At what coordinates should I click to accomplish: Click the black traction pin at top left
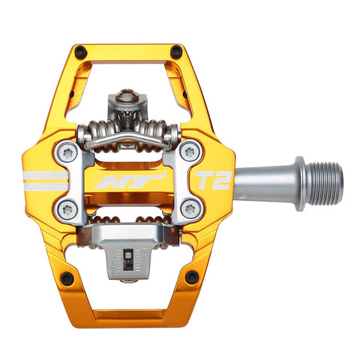pyautogui.click(x=79, y=52)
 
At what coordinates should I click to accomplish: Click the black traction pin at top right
pyautogui.click(x=176, y=52)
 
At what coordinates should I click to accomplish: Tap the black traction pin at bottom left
pyautogui.click(x=66, y=278)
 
